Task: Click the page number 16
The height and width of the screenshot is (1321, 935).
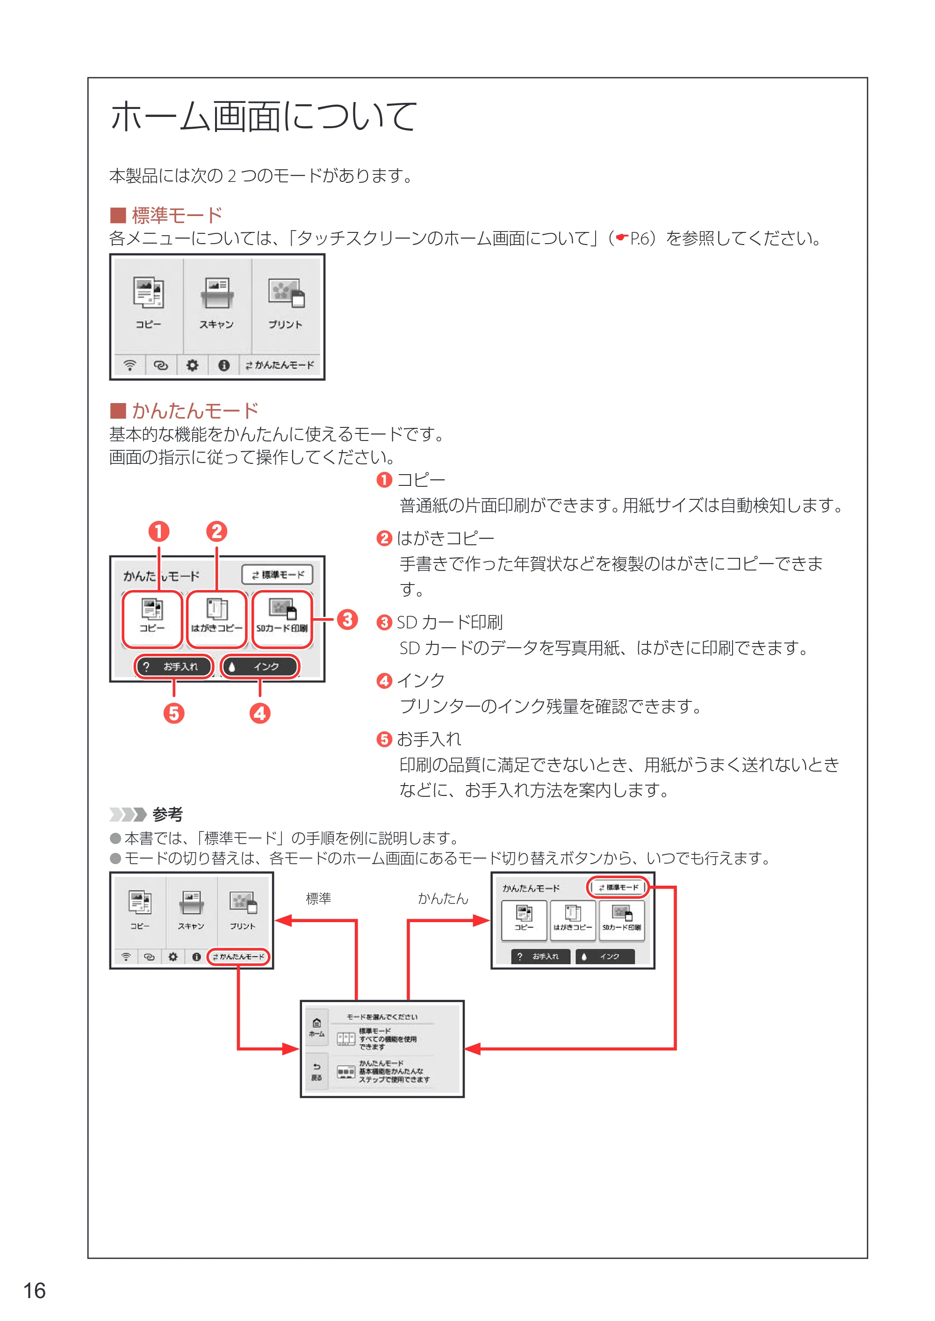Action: (x=34, y=1291)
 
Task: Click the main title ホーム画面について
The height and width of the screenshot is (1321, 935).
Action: (x=263, y=116)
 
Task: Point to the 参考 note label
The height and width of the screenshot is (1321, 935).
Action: (x=167, y=814)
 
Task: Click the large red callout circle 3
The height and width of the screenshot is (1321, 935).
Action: (x=347, y=620)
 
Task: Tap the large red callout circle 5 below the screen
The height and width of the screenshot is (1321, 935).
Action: (x=174, y=713)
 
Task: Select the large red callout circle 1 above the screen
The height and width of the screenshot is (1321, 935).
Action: (x=159, y=531)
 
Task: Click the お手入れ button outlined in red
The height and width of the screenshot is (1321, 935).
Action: (x=174, y=666)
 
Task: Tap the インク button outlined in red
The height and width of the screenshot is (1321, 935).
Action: (x=259, y=666)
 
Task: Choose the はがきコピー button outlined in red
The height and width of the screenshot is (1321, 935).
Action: (x=216, y=619)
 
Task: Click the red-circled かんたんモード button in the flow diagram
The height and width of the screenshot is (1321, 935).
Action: (x=238, y=956)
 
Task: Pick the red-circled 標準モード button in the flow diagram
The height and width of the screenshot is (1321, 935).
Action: (x=618, y=888)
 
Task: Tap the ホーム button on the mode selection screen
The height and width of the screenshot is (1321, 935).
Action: (x=316, y=1027)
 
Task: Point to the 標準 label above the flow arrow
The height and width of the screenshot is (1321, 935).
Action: (x=318, y=898)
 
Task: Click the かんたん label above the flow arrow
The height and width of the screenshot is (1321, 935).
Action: (x=443, y=898)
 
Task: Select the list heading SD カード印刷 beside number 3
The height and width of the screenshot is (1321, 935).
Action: (x=450, y=622)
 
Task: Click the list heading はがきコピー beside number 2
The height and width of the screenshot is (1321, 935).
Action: (x=446, y=538)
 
